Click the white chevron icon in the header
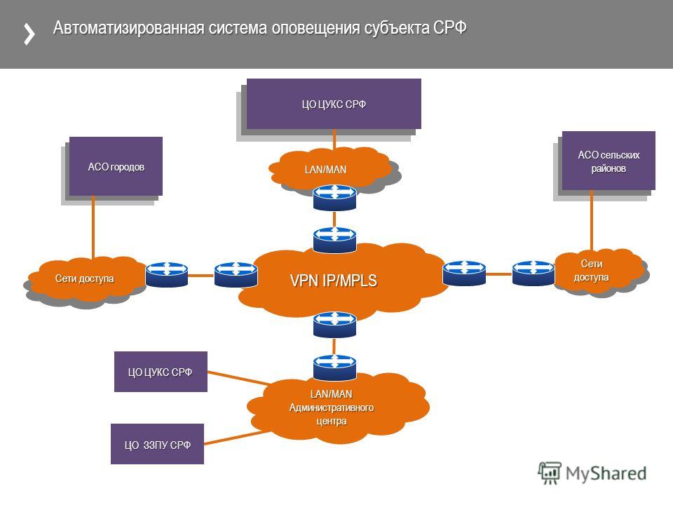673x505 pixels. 29,34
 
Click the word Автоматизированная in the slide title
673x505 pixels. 128,28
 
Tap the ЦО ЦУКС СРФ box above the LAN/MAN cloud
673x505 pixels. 334,104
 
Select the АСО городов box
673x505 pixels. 116,166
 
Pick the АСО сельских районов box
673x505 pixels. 609,161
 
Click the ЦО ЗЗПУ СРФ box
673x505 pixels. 157,444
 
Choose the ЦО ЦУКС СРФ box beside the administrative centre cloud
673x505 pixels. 161,372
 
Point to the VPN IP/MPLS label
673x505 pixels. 334,281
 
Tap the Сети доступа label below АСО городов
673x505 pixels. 85,278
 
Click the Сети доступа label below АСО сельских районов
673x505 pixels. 592,270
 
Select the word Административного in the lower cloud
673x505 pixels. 332,407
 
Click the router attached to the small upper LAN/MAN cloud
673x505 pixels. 334,198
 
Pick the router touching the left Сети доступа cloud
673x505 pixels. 167,274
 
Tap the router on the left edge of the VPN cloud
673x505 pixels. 236,274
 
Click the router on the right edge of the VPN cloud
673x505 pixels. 464,273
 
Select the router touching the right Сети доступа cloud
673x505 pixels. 533,273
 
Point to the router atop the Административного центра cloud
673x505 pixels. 334,367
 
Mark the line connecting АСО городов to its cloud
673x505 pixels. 93,227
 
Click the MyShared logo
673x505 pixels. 592,473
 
